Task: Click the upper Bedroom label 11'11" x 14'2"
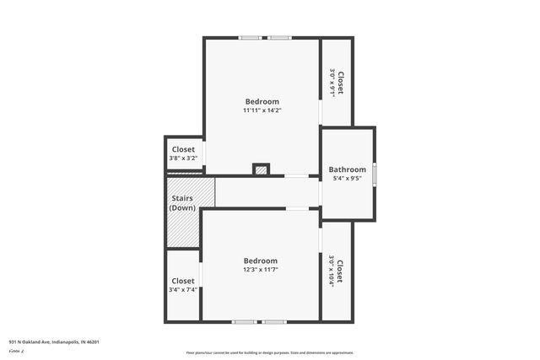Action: tap(262, 105)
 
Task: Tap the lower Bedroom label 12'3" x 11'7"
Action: tap(260, 265)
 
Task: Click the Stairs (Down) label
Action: tap(182, 203)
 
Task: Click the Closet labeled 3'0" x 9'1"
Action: tap(336, 83)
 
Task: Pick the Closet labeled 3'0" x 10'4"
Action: tap(336, 271)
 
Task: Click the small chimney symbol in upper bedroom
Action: tap(262, 169)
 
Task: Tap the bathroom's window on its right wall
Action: tap(375, 173)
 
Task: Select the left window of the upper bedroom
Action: tap(249, 38)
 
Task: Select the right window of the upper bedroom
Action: tap(280, 38)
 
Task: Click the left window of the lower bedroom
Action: tap(245, 321)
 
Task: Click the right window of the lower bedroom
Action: tap(273, 321)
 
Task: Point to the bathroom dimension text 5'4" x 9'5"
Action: tap(347, 179)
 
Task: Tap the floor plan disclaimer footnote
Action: tap(269, 352)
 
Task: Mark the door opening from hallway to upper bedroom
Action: tap(295, 176)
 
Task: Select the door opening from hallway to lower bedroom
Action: tap(297, 208)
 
